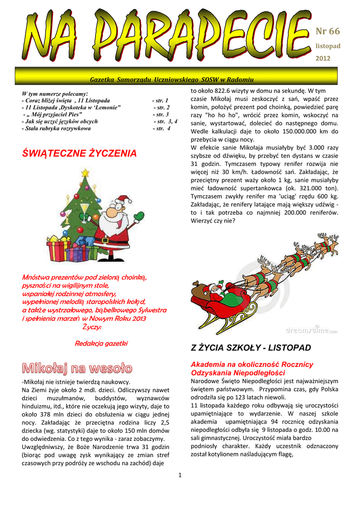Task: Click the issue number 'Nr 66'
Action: click(328, 31)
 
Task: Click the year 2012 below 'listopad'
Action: click(323, 58)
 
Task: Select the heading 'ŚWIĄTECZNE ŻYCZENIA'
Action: click(79, 154)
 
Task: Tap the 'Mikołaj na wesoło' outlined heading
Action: click(78, 368)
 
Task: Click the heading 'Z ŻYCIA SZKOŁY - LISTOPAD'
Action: click(251, 347)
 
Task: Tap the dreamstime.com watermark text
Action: click(311, 330)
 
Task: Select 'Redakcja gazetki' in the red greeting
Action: click(101, 343)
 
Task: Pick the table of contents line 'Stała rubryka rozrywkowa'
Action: click(56, 128)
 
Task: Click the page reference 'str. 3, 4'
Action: click(166, 121)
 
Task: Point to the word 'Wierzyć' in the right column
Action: click(203, 221)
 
